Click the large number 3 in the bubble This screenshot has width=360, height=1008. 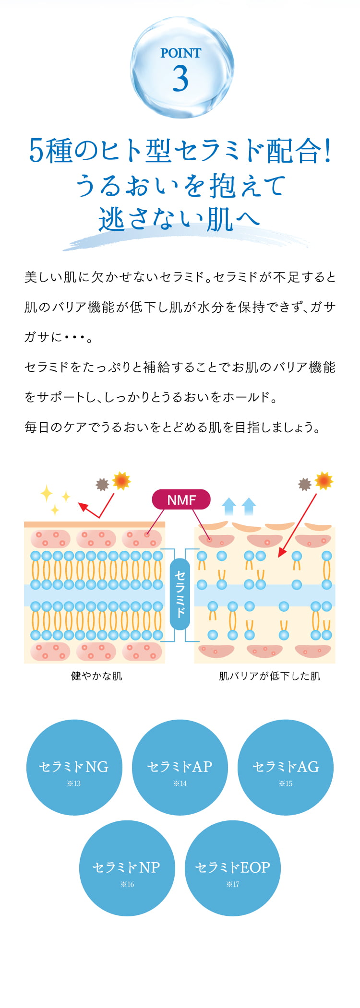(x=180, y=79)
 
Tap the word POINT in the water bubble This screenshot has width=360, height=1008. (x=180, y=53)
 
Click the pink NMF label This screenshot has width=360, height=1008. (x=181, y=500)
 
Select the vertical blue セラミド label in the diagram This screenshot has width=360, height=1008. (x=180, y=593)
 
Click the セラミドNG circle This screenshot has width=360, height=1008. (x=74, y=767)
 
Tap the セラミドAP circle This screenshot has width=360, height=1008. (x=180, y=767)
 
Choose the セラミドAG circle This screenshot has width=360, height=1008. (x=286, y=767)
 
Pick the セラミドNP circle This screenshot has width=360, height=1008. (x=127, y=867)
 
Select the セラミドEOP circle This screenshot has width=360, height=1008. (x=232, y=867)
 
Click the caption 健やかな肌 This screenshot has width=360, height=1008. (x=96, y=676)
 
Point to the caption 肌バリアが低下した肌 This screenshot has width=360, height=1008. (x=269, y=676)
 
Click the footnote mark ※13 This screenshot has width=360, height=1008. (x=74, y=783)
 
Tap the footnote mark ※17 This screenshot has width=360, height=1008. (x=233, y=884)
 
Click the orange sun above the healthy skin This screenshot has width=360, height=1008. (x=121, y=481)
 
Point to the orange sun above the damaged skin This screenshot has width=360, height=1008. (x=324, y=481)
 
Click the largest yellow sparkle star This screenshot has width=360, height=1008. (x=47, y=493)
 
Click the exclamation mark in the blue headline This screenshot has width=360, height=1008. (x=328, y=151)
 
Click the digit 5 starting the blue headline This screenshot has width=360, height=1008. (x=36, y=151)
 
